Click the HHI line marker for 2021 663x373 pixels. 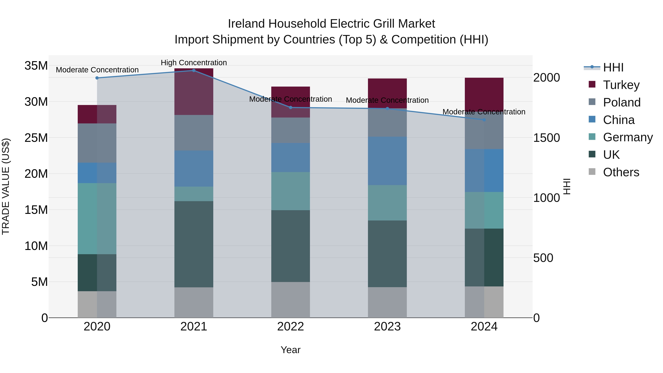click(x=194, y=71)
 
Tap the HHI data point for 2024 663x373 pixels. click(x=484, y=120)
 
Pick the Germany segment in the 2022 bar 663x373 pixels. click(x=291, y=191)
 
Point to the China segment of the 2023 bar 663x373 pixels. click(x=387, y=161)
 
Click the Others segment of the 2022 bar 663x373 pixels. click(x=291, y=300)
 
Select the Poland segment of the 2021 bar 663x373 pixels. click(x=194, y=133)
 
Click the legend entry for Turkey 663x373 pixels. click(x=621, y=85)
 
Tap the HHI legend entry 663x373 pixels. click(x=613, y=67)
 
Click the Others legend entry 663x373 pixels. click(x=621, y=172)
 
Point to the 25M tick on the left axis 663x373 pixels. click(x=36, y=138)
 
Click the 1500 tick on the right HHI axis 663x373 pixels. click(x=546, y=138)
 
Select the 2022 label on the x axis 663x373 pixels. click(x=291, y=327)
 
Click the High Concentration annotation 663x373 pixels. click(x=194, y=63)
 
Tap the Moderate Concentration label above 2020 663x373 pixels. click(x=97, y=70)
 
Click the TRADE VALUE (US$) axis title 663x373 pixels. click(x=6, y=186)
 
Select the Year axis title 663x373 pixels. click(x=291, y=350)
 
